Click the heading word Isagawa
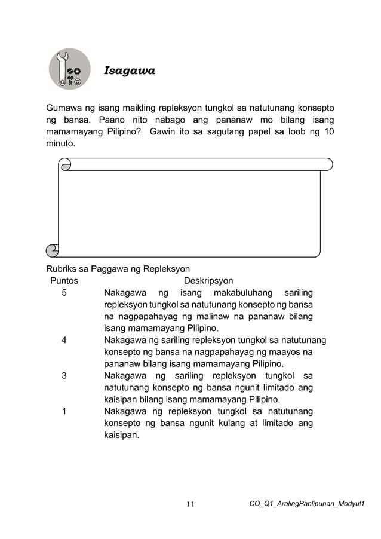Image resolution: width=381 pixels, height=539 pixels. [x=130, y=72]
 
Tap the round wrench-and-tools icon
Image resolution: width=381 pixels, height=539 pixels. [x=69, y=69]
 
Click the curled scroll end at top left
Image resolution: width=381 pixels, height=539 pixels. [x=66, y=164]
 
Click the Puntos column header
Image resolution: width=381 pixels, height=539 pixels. [x=64, y=281]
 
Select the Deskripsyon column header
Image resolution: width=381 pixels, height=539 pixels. [x=208, y=281]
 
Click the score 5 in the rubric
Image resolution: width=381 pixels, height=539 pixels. [x=64, y=293]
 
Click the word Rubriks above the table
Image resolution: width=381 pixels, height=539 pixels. [x=64, y=269]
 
